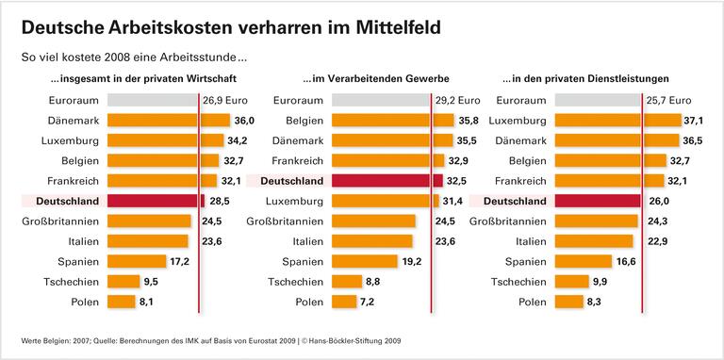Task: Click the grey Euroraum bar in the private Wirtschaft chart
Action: pos(152,99)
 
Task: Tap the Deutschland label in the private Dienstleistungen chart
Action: pos(514,201)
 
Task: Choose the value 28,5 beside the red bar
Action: pos(219,201)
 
